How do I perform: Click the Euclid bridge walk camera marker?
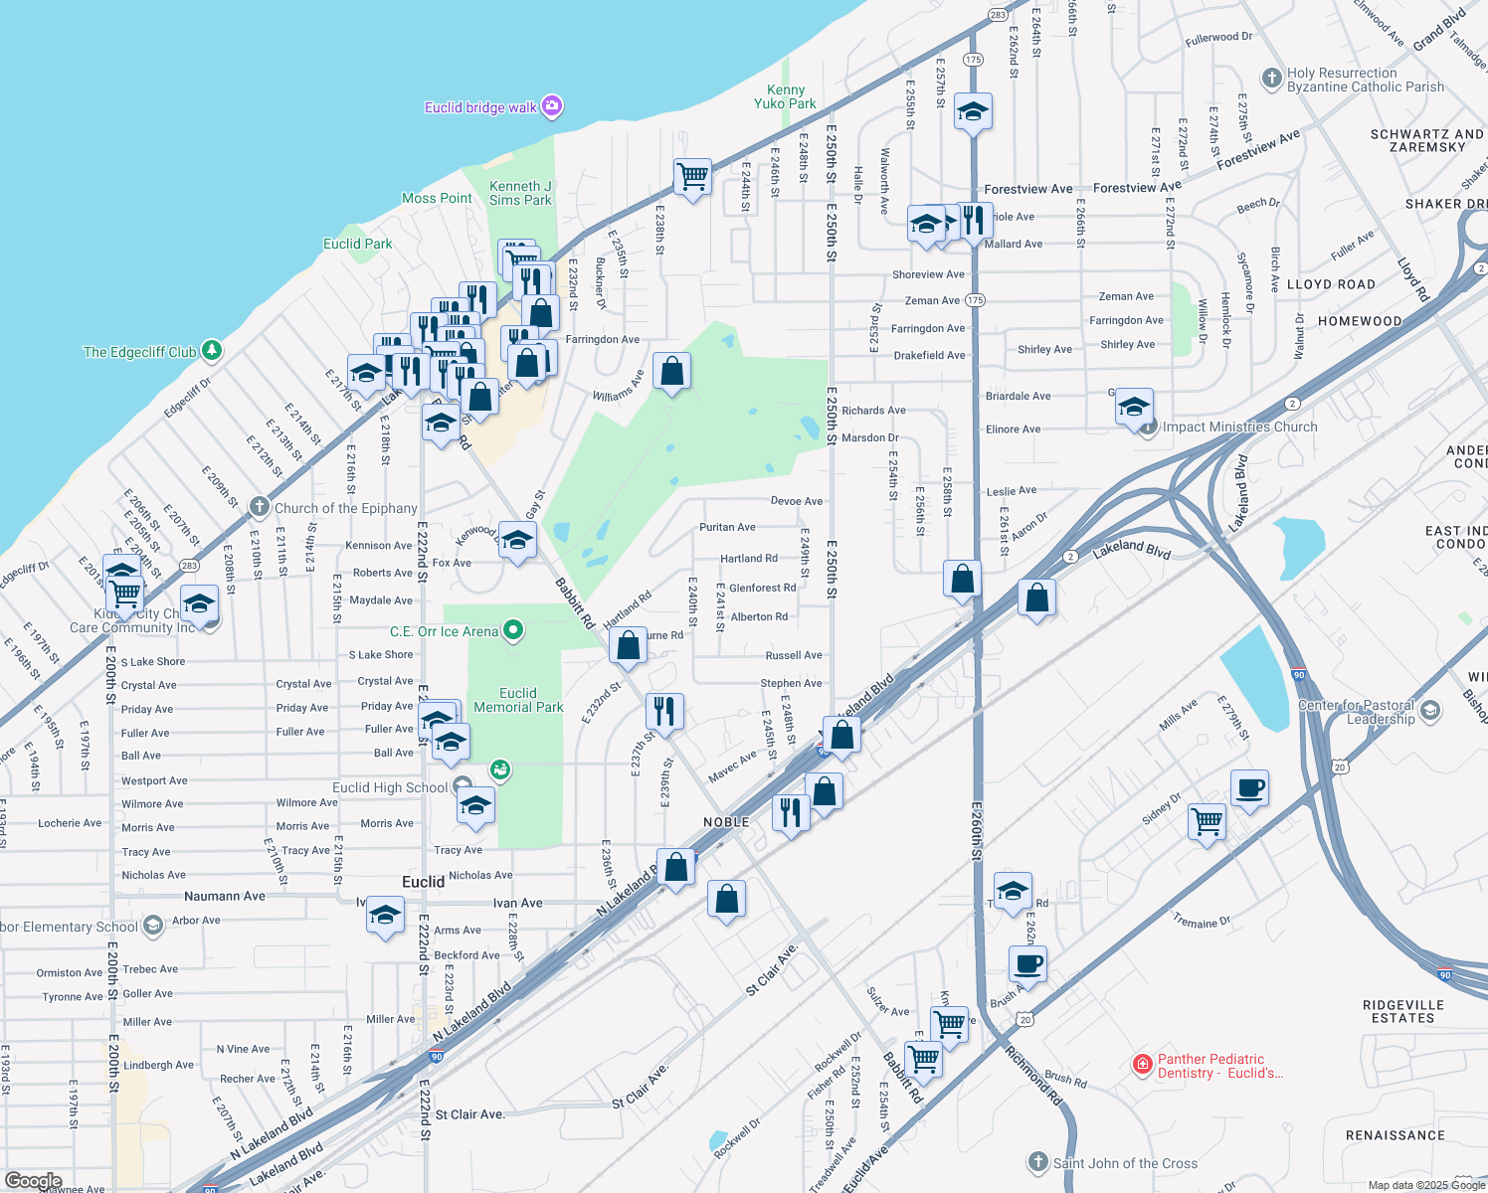point(552,106)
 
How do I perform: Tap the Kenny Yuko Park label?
point(785,96)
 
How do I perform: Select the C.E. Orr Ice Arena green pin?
point(513,630)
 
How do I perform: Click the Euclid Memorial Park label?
point(518,700)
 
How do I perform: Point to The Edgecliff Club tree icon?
point(211,350)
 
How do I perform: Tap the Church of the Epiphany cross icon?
point(259,507)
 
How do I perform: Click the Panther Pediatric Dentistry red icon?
point(1143,1066)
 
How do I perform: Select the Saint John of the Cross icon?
point(1037,1162)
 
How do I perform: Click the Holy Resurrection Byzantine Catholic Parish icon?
point(1271,79)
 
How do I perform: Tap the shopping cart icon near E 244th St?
point(692,177)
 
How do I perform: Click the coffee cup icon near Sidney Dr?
point(1249,788)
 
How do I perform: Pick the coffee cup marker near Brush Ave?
point(1027,962)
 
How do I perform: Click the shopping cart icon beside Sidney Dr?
point(1207,821)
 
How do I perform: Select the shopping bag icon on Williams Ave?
point(671,371)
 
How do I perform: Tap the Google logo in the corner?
point(34,1181)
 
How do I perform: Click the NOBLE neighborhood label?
point(726,822)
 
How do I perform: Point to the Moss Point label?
point(437,198)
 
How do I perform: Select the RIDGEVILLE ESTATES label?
point(1402,1011)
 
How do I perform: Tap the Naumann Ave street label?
point(225,896)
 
